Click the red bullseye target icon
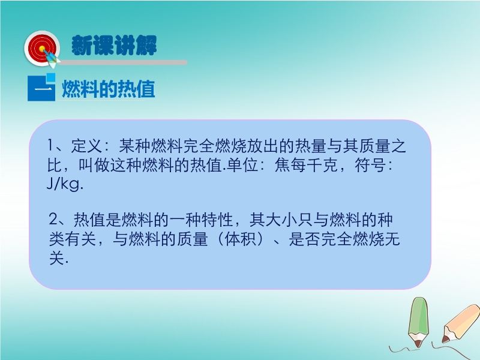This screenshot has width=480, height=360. pyautogui.click(x=42, y=49)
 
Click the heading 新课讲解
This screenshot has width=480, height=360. pyautogui.click(x=114, y=46)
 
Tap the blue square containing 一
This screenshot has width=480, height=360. pyautogui.click(x=41, y=88)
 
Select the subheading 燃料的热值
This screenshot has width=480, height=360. pyautogui.click(x=109, y=89)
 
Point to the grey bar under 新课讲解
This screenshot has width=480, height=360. pyautogui.click(x=122, y=62)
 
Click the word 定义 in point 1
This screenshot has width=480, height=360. pyautogui.click(x=87, y=146)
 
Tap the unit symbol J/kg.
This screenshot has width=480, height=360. pyautogui.click(x=65, y=184)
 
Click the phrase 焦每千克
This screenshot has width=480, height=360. pyautogui.click(x=306, y=166)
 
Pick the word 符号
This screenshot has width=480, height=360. pyautogui.click(x=370, y=166)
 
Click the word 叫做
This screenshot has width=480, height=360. pyautogui.click(x=95, y=166)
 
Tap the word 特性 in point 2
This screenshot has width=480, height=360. pyautogui.click(x=217, y=220)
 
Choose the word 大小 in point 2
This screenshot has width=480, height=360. pyautogui.click(x=281, y=220)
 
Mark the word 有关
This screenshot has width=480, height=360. pyautogui.click(x=80, y=239)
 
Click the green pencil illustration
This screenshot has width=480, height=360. pyautogui.click(x=418, y=322)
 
